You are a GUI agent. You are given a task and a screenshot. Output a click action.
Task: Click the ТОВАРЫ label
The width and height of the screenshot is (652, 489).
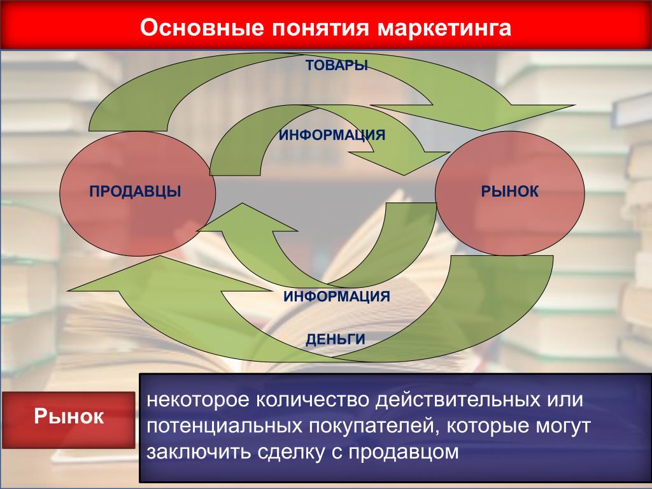pyautogui.click(x=337, y=66)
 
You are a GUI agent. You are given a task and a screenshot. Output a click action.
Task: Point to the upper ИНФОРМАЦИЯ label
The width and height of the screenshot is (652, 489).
pyautogui.click(x=332, y=135)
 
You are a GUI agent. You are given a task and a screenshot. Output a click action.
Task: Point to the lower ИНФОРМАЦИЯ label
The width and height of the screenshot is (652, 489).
pyautogui.click(x=337, y=297)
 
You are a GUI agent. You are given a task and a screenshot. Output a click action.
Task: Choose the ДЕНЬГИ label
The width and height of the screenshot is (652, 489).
pyautogui.click(x=336, y=339)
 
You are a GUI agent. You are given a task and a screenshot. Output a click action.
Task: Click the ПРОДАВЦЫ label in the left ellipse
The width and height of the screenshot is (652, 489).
pyautogui.click(x=135, y=191)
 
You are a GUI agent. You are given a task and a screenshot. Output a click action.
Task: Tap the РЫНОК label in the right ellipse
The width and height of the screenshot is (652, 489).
pyautogui.click(x=510, y=191)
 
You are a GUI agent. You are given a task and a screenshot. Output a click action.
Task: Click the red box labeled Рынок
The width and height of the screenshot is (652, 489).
pyautogui.click(x=69, y=420)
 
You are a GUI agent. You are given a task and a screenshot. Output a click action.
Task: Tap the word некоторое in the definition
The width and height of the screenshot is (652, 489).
pyautogui.click(x=197, y=400)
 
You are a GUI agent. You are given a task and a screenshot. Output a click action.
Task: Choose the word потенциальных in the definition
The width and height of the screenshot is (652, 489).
pyautogui.click(x=224, y=426)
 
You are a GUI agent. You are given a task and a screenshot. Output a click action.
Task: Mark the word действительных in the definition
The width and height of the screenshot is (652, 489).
pyautogui.click(x=455, y=400)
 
